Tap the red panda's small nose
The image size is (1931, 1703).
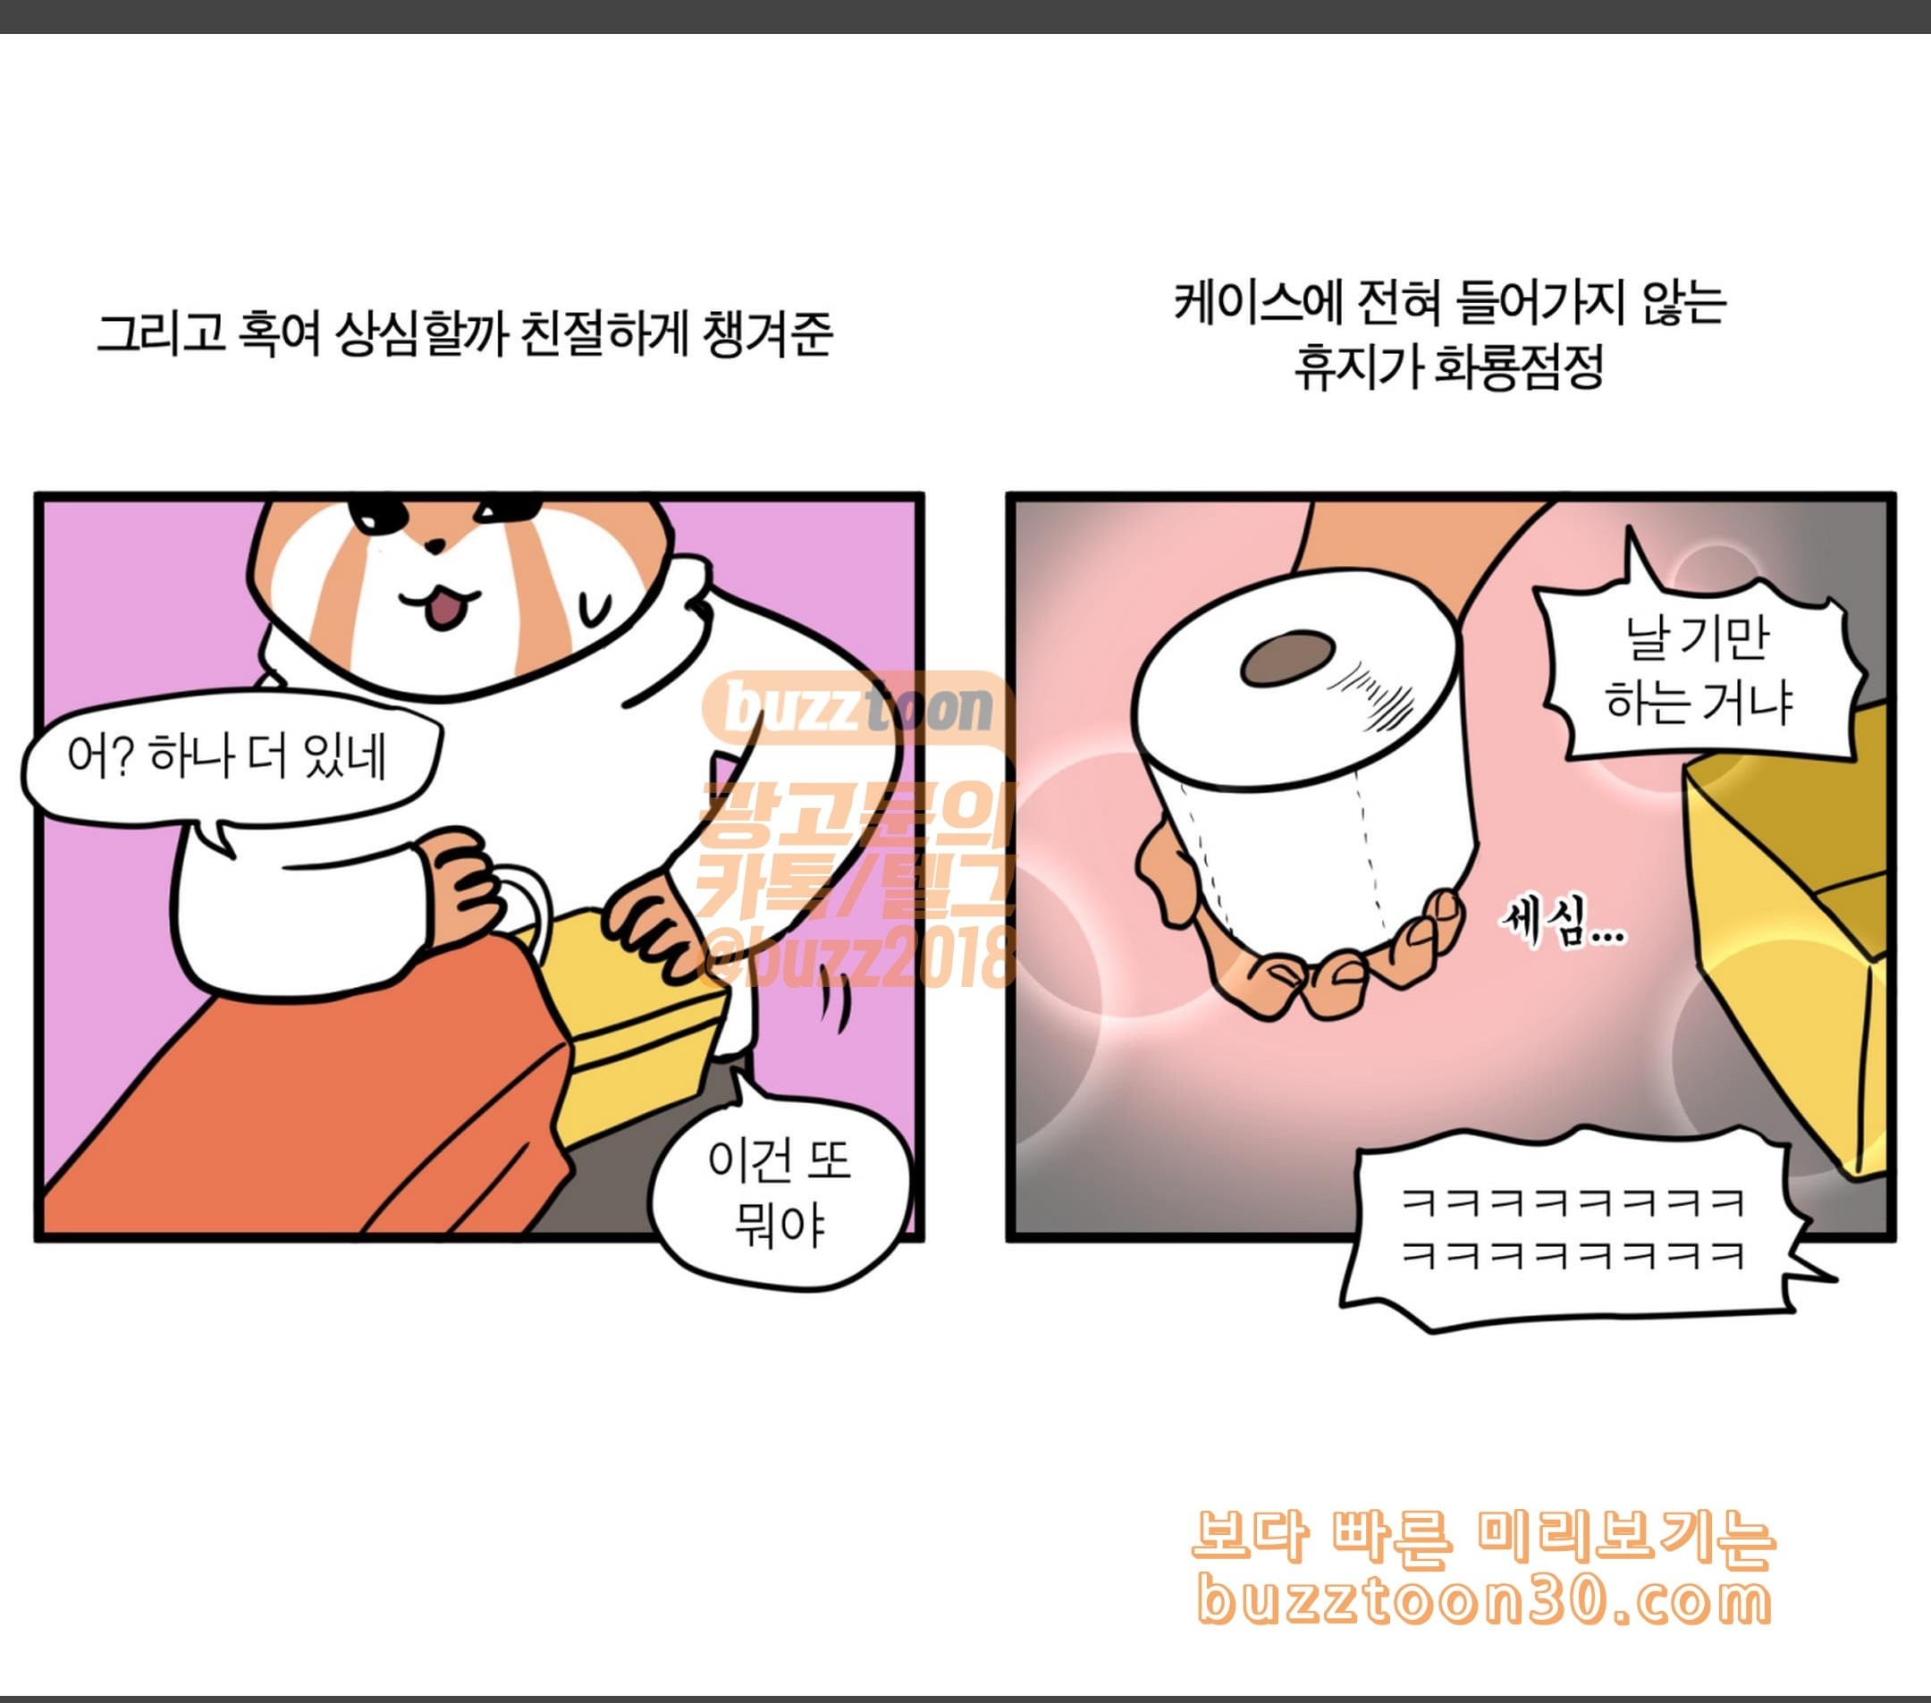tap(434, 545)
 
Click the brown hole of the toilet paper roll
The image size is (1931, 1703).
tap(1286, 656)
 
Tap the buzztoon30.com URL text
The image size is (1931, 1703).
tap(1483, 1600)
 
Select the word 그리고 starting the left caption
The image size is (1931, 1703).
tap(162, 333)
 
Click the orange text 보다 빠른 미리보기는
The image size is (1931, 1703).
tap(1483, 1537)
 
